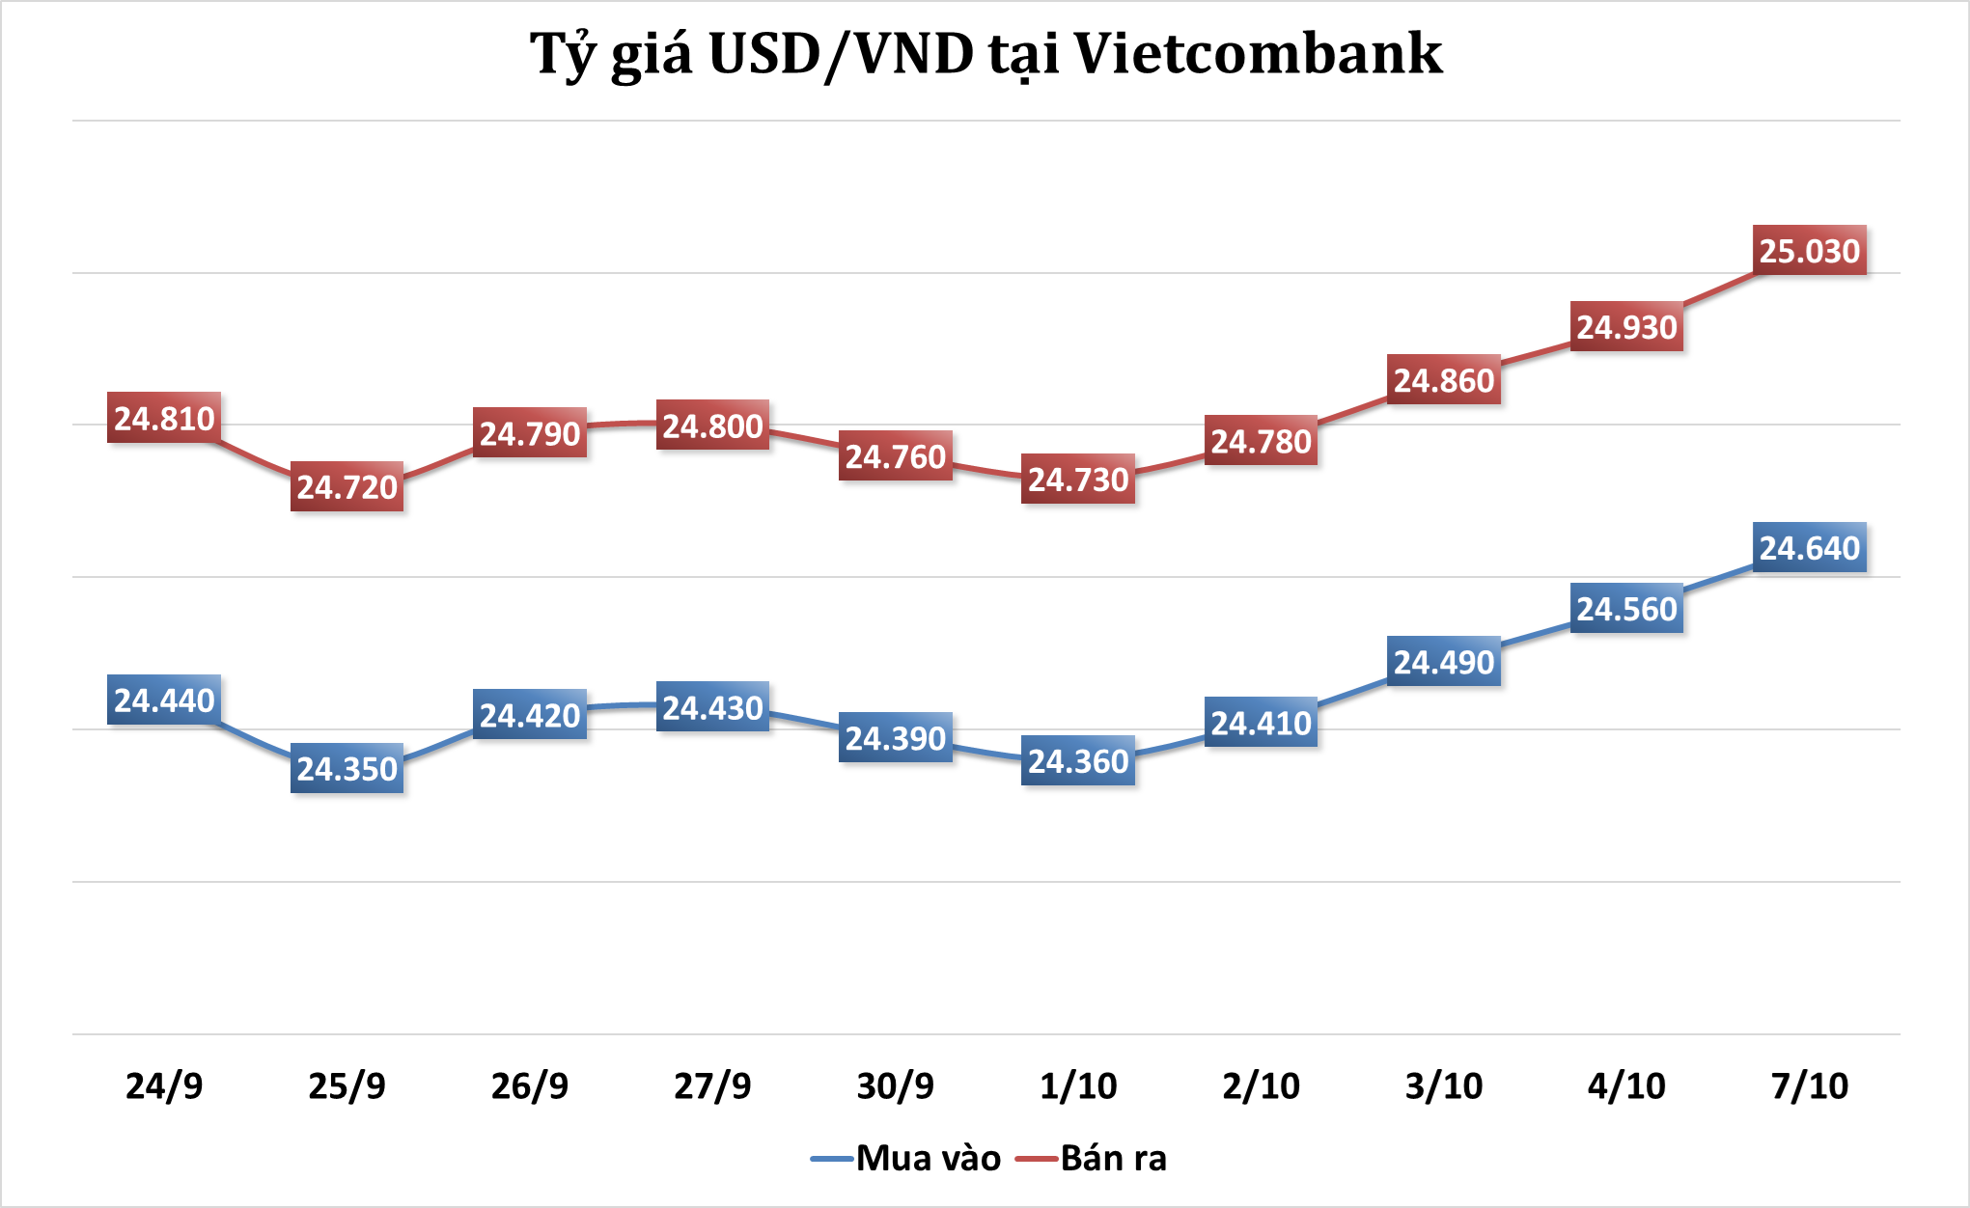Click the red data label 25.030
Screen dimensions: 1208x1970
pyautogui.click(x=1809, y=251)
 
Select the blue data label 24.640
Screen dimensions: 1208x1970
pyautogui.click(x=1809, y=548)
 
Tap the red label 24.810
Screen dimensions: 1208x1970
pyautogui.click(x=164, y=419)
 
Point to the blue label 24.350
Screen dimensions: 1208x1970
pyautogui.click(x=347, y=769)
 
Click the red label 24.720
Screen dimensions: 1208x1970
pyautogui.click(x=347, y=487)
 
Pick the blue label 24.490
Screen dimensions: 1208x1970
pyautogui.click(x=1444, y=662)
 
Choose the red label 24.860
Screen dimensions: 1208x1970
pyautogui.click(x=1444, y=381)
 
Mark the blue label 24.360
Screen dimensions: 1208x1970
pyautogui.click(x=1078, y=761)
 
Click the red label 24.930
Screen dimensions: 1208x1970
pyautogui.click(x=1626, y=327)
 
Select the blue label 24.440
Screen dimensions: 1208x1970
pyautogui.click(x=164, y=700)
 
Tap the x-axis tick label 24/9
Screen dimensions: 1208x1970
pyautogui.click(x=164, y=1086)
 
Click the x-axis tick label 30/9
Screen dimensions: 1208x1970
pyautogui.click(x=895, y=1086)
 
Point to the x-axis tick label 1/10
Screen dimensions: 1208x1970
pyautogui.click(x=1078, y=1086)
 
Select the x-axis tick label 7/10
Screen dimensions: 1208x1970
pyautogui.click(x=1809, y=1086)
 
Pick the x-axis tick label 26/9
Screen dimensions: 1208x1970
pyautogui.click(x=529, y=1086)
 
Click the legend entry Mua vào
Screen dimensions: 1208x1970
pyautogui.click(x=928, y=1158)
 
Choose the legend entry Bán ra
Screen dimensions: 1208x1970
pyautogui.click(x=1113, y=1158)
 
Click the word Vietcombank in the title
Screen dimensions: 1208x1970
pyautogui.click(x=1258, y=54)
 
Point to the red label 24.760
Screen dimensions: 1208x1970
pyautogui.click(x=895, y=456)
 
